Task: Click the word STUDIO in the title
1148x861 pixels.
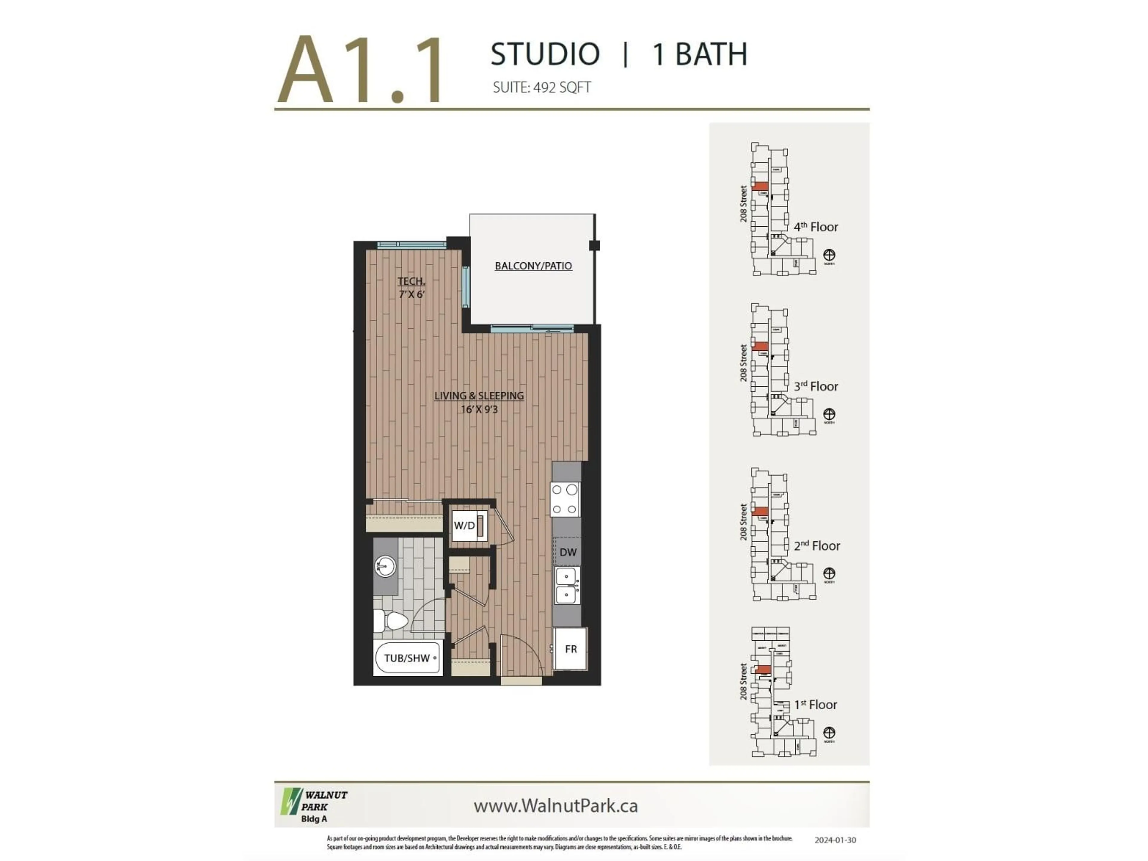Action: pyautogui.click(x=545, y=54)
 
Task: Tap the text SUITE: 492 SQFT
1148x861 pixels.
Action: pyautogui.click(x=541, y=87)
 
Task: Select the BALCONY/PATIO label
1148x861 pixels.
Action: pyautogui.click(x=533, y=266)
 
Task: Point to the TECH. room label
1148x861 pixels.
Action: pyautogui.click(x=411, y=281)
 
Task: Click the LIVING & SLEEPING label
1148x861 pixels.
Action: pyautogui.click(x=479, y=396)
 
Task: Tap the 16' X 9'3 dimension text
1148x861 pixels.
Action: pyautogui.click(x=479, y=410)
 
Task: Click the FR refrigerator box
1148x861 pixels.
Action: pyautogui.click(x=570, y=649)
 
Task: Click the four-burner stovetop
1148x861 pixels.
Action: pyautogui.click(x=565, y=499)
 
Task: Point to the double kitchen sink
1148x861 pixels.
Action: pyautogui.click(x=567, y=585)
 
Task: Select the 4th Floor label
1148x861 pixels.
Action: pyautogui.click(x=816, y=227)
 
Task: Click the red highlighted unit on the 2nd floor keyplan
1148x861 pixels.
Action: pyautogui.click(x=760, y=512)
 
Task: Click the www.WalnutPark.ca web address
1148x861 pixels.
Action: pyautogui.click(x=555, y=806)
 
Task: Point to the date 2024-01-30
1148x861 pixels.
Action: pyautogui.click(x=835, y=840)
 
